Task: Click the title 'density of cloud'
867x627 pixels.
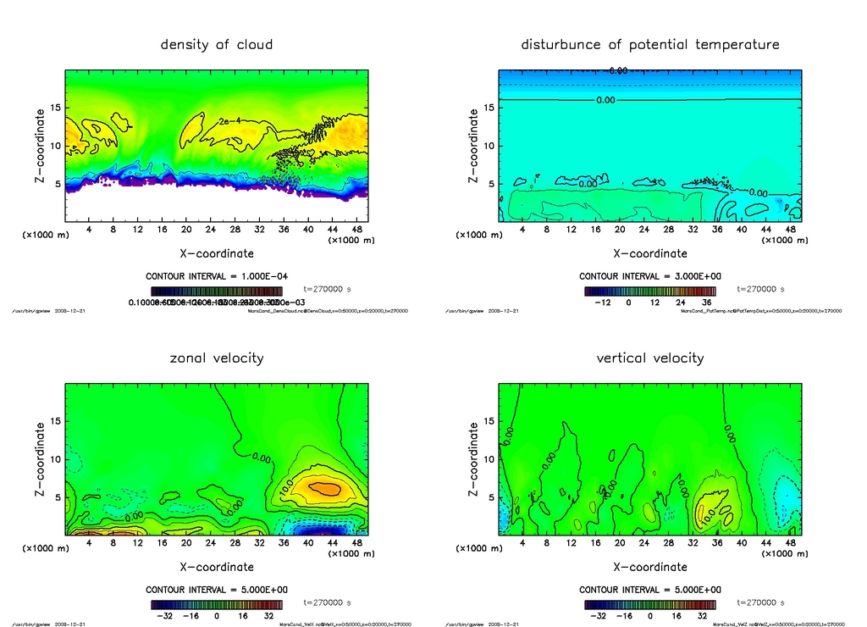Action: coord(217,44)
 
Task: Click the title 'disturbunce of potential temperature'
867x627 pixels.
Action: coord(649,44)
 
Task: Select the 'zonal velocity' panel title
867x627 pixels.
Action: coord(217,358)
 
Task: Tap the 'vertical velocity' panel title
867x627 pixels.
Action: coord(649,358)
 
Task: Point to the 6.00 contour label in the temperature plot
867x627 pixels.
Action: coord(618,71)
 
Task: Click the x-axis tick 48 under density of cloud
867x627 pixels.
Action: coord(356,229)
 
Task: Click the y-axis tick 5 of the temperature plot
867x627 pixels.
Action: coord(490,184)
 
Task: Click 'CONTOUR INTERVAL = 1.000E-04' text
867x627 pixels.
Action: coord(217,276)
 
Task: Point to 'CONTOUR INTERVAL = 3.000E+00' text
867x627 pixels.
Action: coord(649,276)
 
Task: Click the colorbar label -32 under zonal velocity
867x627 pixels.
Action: coord(168,616)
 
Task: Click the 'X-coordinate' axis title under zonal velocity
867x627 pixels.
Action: coord(217,567)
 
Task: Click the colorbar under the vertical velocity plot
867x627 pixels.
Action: coord(649,604)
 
